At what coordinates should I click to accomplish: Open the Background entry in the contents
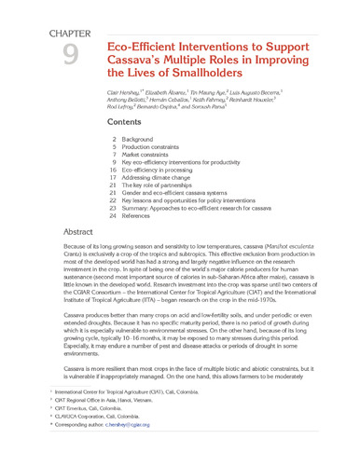pos(140,138)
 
